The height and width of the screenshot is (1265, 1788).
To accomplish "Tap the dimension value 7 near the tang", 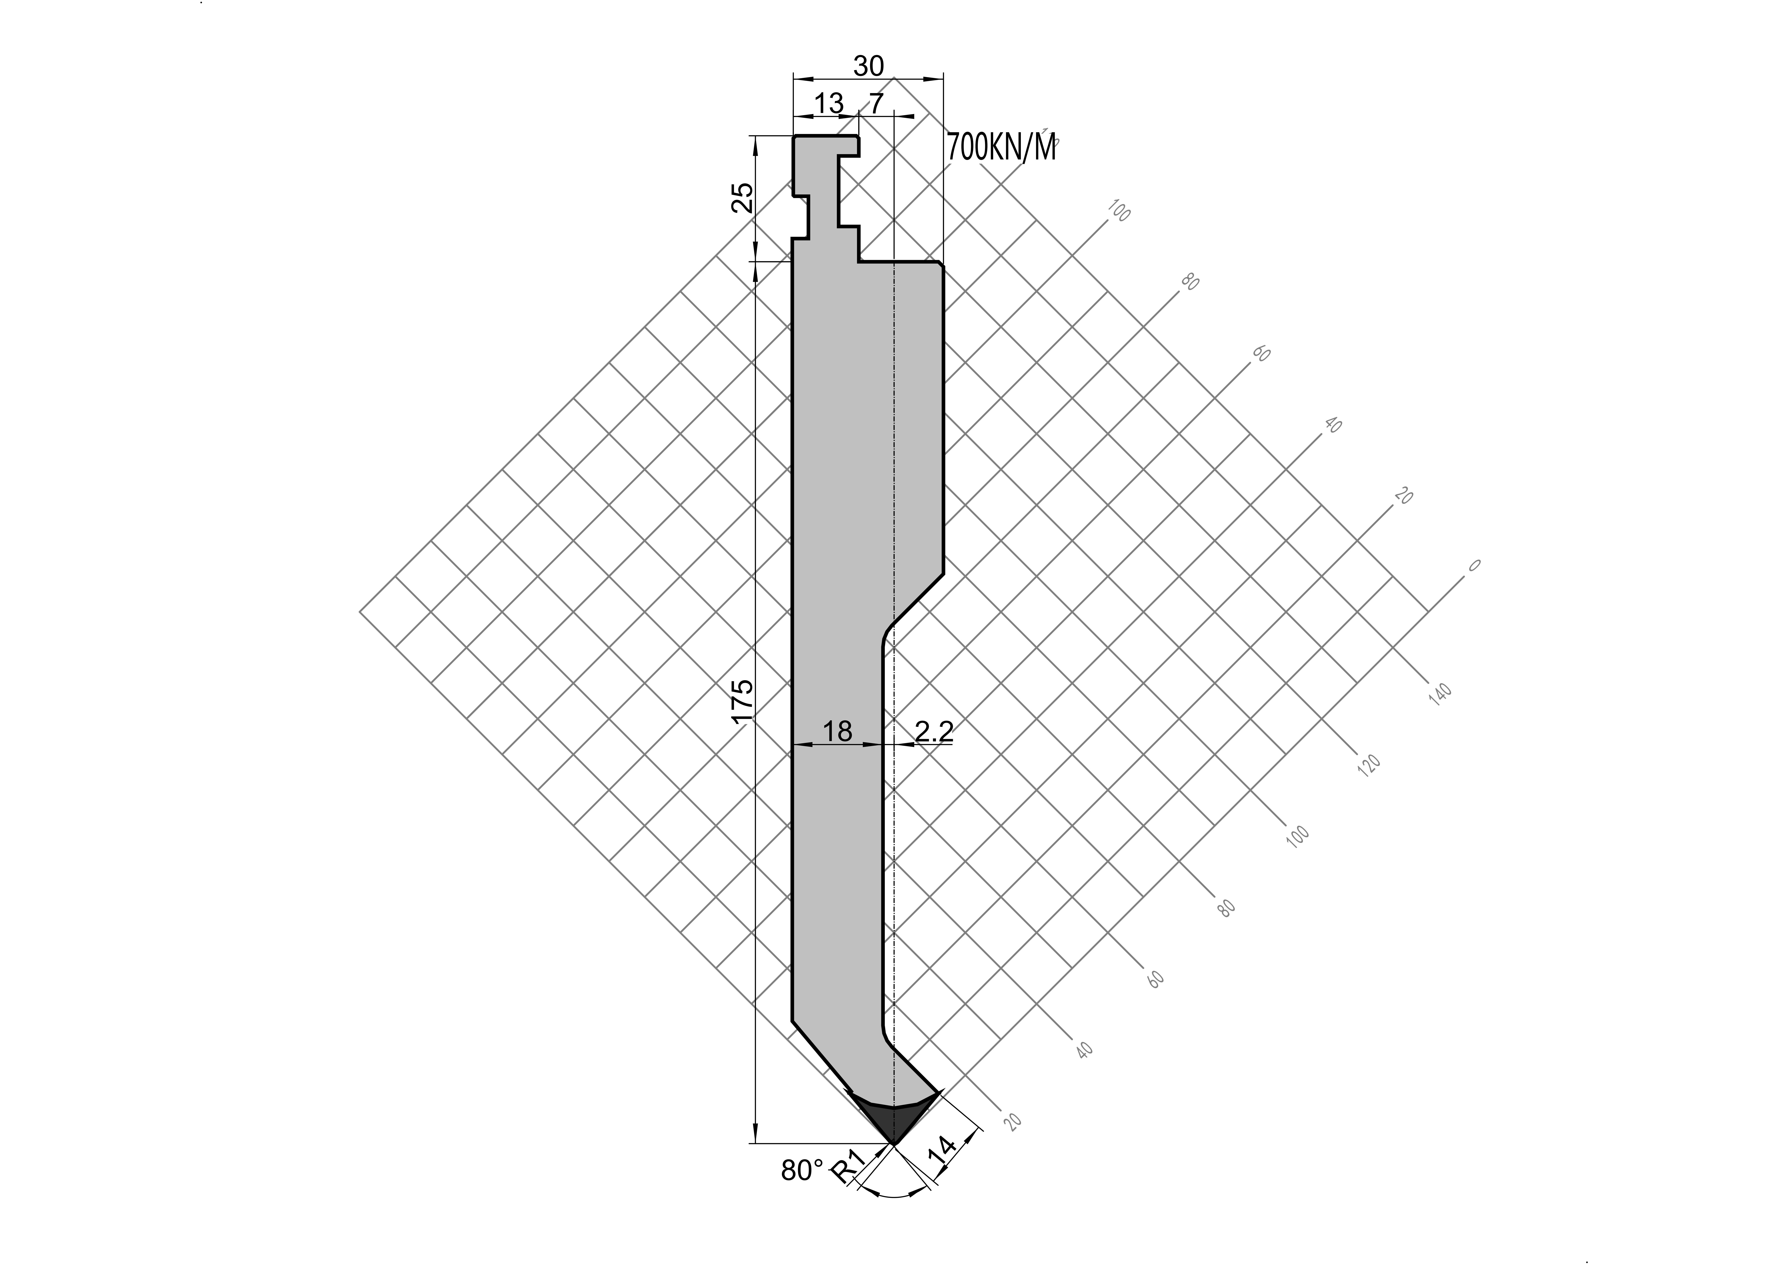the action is click(x=876, y=103).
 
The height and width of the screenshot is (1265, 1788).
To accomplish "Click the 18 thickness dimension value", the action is click(x=837, y=731).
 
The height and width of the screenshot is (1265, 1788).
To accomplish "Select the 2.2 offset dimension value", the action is click(x=933, y=731).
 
